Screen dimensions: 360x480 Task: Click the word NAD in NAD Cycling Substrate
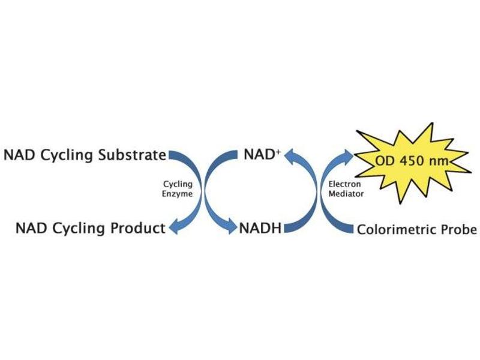19,155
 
